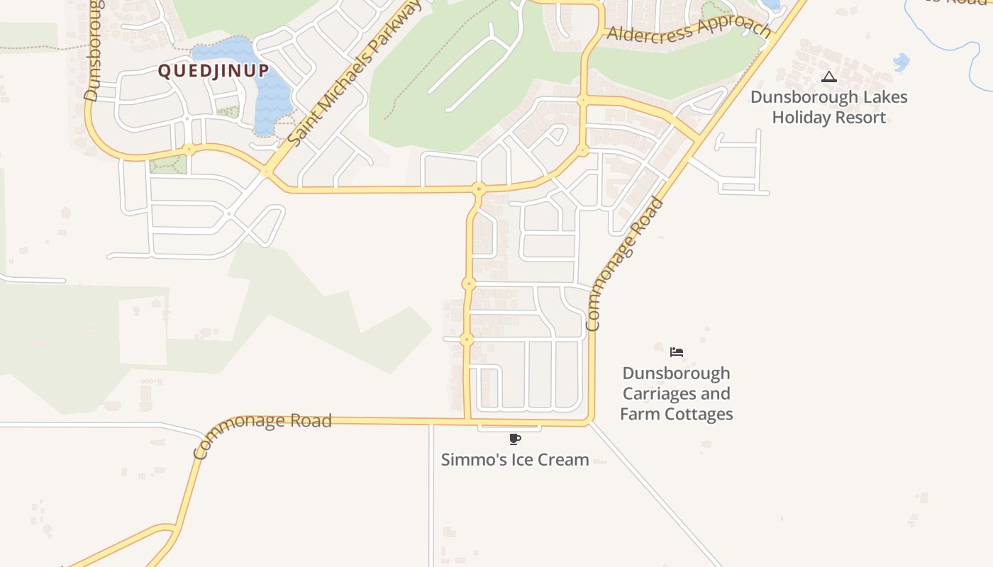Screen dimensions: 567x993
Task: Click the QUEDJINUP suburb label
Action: (213, 71)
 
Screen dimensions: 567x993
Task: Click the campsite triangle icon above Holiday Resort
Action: (828, 77)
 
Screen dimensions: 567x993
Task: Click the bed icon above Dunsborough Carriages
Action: (677, 352)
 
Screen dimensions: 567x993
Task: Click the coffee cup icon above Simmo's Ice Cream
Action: (515, 439)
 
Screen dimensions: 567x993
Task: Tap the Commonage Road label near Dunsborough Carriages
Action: (625, 266)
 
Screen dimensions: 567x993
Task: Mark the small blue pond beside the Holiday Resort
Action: (901, 62)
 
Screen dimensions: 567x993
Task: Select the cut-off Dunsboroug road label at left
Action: (94, 50)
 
